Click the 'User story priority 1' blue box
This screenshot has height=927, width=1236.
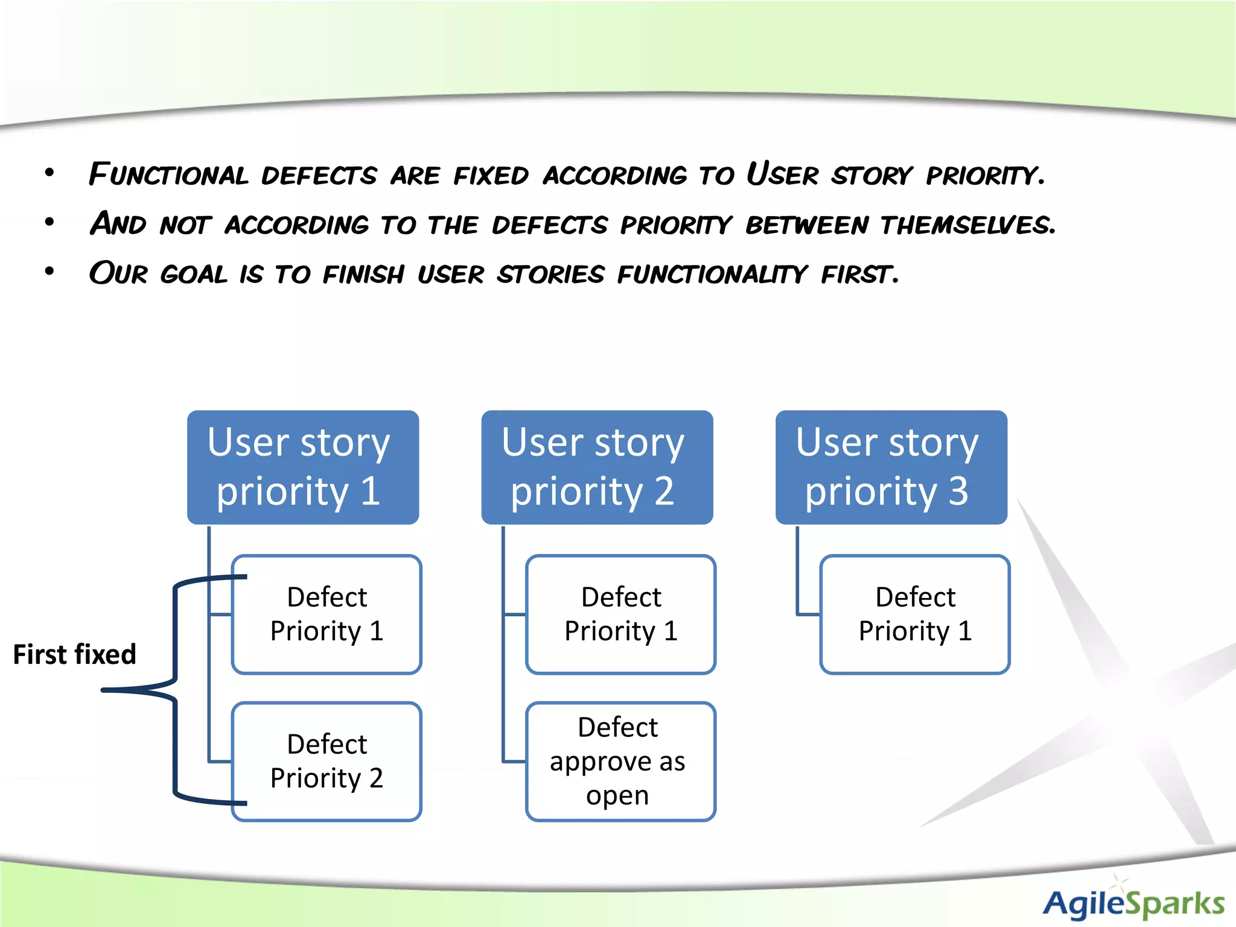coord(302,467)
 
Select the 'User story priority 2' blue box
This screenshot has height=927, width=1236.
coord(596,467)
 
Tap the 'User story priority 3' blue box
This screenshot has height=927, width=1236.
coord(891,467)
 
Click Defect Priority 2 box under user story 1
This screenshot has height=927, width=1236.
coord(327,761)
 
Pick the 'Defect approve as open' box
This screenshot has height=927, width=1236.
coord(620,761)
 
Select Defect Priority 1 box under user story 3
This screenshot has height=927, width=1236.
coord(914,614)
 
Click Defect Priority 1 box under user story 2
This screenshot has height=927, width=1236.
coord(620,614)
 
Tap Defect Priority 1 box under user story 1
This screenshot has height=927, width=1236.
coord(327,614)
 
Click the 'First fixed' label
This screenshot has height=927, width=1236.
coord(74,654)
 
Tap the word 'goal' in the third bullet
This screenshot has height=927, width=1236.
coord(194,275)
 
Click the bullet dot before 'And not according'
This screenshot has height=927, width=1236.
coord(49,223)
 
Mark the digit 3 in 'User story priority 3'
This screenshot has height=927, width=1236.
coord(958,491)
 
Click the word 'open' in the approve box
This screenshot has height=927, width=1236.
coord(617,795)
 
